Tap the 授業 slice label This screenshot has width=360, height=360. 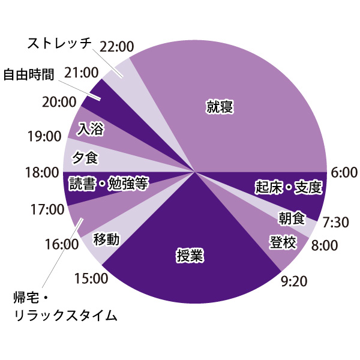click(190, 256)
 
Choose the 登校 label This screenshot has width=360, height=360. click(283, 242)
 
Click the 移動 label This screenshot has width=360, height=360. click(106, 240)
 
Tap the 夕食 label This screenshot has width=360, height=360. click(85, 158)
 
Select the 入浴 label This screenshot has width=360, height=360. click(90, 128)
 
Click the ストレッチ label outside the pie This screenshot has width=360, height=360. click(59, 43)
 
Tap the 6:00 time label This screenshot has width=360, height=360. click(344, 172)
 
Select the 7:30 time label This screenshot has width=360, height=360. click(335, 222)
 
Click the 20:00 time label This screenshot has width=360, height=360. click(59, 101)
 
